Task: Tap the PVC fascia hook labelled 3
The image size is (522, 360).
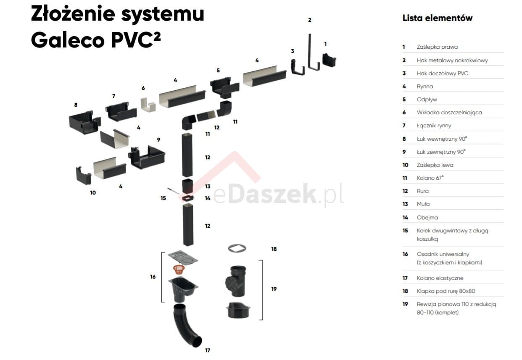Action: click(298, 67)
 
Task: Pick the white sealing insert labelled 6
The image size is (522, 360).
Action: click(147, 105)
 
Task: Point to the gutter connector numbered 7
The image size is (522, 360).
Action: click(121, 112)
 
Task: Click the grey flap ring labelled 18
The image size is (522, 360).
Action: click(237, 248)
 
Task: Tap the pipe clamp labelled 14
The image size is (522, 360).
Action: click(187, 197)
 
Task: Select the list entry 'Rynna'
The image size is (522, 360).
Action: click(424, 87)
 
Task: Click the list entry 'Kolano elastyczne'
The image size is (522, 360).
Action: click(440, 278)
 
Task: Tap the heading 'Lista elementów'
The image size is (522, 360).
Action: click(437, 18)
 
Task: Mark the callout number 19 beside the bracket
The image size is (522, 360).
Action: click(274, 289)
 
